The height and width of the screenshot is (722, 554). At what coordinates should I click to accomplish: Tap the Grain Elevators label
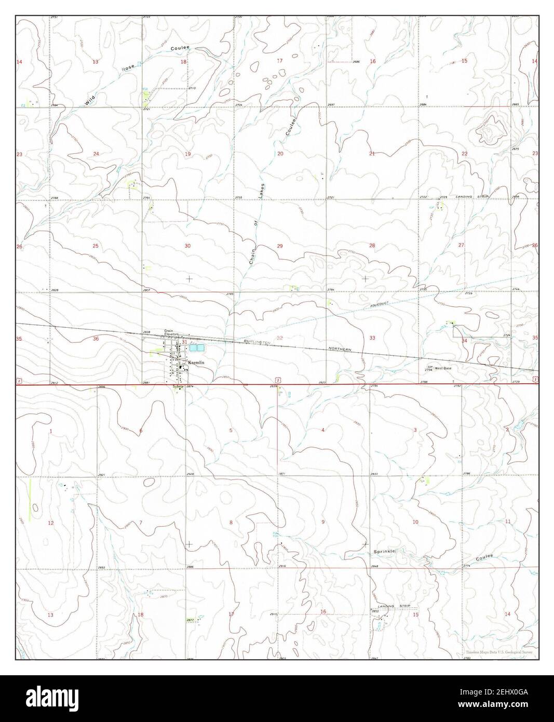point(171,332)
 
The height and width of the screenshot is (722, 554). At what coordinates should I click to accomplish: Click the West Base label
point(443,368)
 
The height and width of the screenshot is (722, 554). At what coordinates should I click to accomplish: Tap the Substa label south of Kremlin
point(179,386)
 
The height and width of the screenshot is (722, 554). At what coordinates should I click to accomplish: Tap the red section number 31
point(184,342)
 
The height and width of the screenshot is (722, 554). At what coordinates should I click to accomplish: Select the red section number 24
point(96,154)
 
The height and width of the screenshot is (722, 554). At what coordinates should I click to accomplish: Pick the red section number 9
point(323,522)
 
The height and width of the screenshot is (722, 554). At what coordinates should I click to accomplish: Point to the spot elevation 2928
point(190,474)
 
